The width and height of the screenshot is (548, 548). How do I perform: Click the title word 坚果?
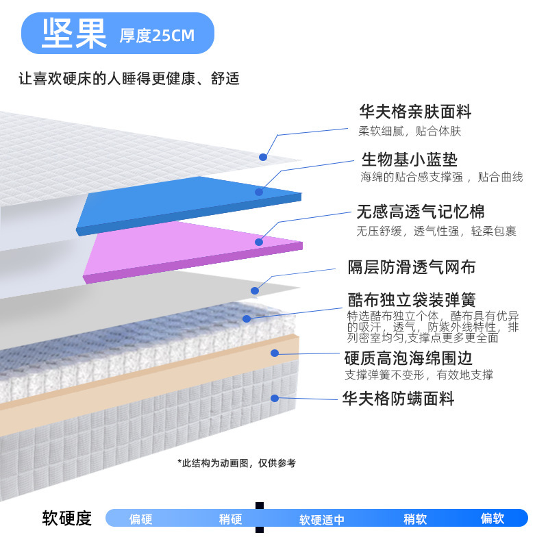75,33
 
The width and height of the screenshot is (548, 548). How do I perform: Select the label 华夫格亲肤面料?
415,112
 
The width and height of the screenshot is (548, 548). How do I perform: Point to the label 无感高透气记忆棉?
420,212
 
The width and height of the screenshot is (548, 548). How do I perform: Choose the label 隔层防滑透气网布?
411,266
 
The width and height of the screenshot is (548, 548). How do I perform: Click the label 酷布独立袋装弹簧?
411,300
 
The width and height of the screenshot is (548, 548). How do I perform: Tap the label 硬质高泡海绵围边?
408,358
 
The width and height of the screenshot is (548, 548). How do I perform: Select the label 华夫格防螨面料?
398,398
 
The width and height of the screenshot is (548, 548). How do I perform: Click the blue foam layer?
185,202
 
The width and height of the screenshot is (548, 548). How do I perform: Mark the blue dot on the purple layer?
259,242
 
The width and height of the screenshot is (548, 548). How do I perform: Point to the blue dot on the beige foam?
274,353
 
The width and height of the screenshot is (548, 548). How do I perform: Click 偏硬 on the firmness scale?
140,519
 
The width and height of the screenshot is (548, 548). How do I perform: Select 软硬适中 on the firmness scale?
321,519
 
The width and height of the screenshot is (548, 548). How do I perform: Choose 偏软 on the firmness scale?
492,519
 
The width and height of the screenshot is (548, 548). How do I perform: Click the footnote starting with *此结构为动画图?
236,463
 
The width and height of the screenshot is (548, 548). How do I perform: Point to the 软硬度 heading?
66,518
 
